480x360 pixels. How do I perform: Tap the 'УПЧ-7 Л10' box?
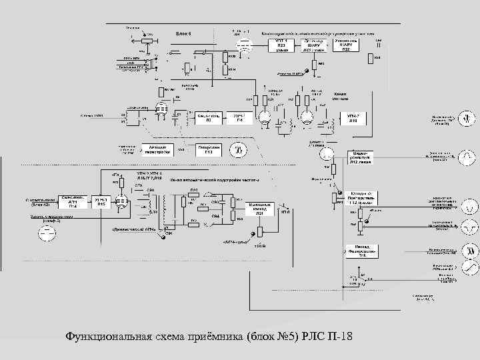353,117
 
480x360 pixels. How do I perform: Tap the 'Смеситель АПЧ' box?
71,201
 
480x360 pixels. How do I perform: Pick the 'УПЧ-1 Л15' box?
101,203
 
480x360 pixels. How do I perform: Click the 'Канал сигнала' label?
339,95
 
